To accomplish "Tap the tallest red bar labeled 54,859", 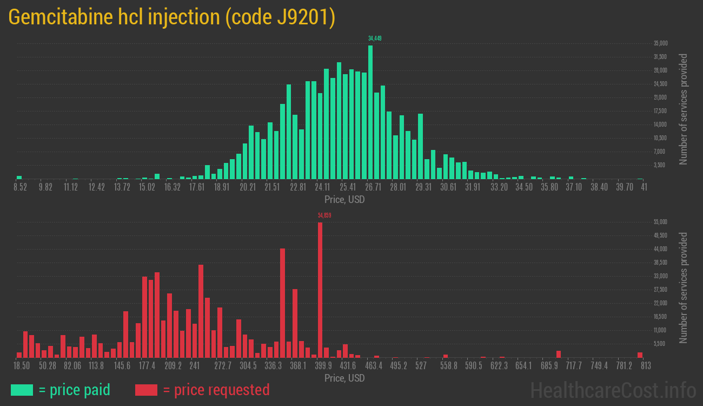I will (x=320, y=290).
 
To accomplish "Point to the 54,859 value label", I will (x=324, y=215).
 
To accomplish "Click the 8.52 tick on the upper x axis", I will (x=20, y=187).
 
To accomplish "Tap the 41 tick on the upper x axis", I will (x=644, y=187).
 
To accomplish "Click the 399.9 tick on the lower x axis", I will (x=323, y=366).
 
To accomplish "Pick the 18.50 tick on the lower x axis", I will (x=22, y=366).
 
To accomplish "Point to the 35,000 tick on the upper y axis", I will (x=660, y=43).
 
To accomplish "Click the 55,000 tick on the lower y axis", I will (x=660, y=222).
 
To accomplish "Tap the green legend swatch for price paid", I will (x=22, y=390).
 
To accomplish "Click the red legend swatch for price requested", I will (x=146, y=390).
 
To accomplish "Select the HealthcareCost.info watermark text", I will (x=613, y=390).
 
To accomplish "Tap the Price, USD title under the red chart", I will (x=344, y=378).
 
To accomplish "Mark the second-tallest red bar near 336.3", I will (x=282, y=303).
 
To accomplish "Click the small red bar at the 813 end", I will (x=640, y=355).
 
